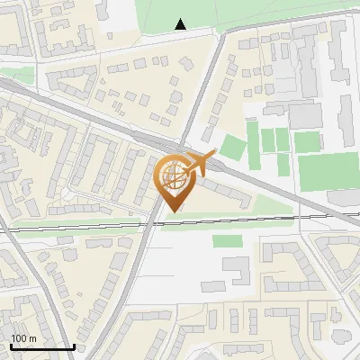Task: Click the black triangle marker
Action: (181, 24)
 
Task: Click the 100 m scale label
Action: (23, 337)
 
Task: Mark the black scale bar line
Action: (41, 346)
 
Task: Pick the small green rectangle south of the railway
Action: (227, 240)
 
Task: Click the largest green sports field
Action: (328, 172)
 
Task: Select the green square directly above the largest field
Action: (307, 141)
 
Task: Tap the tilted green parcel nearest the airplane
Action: (233, 148)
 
